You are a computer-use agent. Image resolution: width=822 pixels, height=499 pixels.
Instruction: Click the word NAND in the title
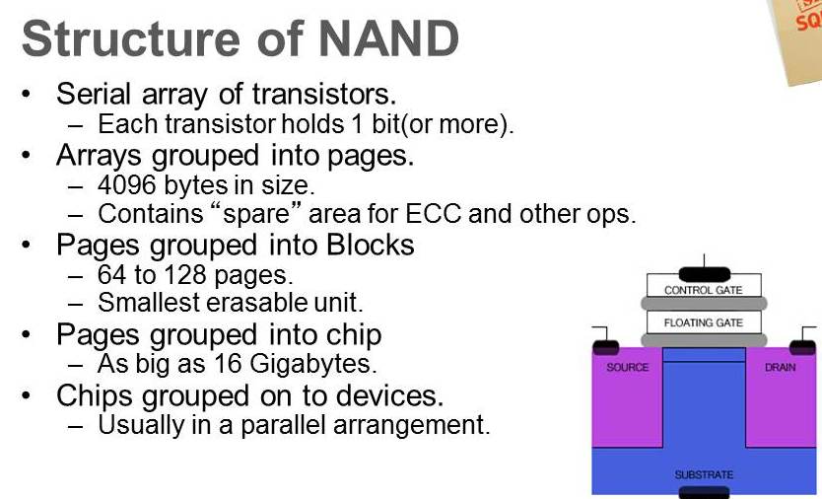[389, 38]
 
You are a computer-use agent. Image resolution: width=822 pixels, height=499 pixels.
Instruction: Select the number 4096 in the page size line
[127, 184]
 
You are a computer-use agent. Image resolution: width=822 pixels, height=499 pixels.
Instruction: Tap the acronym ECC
[434, 214]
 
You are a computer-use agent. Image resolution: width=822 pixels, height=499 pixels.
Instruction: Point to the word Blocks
[371, 244]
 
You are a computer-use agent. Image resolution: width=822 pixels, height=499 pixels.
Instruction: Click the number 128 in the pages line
[186, 274]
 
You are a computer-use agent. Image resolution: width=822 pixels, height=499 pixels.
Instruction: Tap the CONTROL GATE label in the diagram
[703, 290]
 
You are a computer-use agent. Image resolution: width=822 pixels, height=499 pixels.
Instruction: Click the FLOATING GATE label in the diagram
[703, 322]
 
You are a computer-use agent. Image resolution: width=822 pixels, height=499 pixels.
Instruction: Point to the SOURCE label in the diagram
[627, 367]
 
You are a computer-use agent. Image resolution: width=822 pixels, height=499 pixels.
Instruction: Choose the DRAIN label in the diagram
[780, 367]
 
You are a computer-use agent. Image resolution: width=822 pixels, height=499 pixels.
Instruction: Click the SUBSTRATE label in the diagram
[704, 475]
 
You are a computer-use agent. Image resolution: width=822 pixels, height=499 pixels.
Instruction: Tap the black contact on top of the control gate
[704, 274]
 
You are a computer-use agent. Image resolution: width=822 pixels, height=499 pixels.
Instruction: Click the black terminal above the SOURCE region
[605, 347]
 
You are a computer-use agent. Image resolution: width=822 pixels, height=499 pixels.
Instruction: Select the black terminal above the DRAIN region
[802, 347]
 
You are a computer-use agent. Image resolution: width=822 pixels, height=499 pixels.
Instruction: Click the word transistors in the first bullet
[323, 94]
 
